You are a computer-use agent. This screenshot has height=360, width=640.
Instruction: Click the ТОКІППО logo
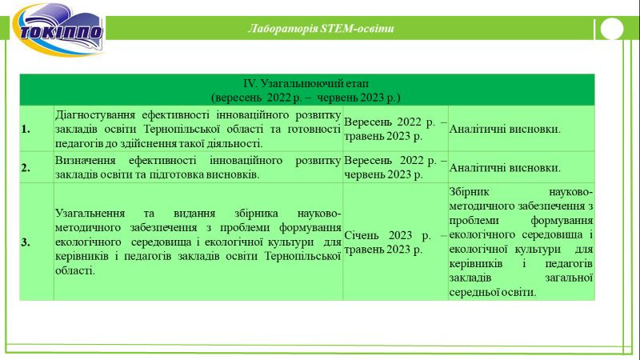click(x=58, y=30)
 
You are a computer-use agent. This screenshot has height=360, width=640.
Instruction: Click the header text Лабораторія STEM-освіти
click(x=321, y=29)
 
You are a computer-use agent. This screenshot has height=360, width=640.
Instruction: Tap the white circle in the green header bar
click(x=612, y=29)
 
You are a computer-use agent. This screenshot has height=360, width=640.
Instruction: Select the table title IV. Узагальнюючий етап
click(x=306, y=84)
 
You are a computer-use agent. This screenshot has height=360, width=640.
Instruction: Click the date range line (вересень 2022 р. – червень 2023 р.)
click(x=306, y=98)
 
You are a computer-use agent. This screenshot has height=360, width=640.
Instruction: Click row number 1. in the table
click(x=26, y=129)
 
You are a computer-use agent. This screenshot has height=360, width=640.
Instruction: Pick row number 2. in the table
click(x=26, y=167)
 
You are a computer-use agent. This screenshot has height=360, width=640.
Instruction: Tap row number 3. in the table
click(x=26, y=242)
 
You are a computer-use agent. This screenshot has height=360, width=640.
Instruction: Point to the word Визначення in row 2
click(x=86, y=161)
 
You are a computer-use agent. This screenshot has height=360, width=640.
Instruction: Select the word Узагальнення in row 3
click(x=90, y=214)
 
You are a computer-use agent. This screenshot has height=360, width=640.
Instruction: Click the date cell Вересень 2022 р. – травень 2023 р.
click(x=395, y=129)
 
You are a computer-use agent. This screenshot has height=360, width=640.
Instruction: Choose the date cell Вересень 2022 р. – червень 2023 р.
click(x=395, y=167)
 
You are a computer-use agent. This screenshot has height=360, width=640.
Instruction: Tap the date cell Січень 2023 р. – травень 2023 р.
click(x=395, y=242)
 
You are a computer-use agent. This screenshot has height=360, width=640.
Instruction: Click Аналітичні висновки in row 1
click(x=505, y=129)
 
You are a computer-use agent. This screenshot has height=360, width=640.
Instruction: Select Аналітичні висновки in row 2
click(x=505, y=168)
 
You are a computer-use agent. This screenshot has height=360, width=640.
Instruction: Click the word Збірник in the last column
click(x=469, y=192)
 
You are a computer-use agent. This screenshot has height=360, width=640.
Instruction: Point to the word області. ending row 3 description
click(x=75, y=270)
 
